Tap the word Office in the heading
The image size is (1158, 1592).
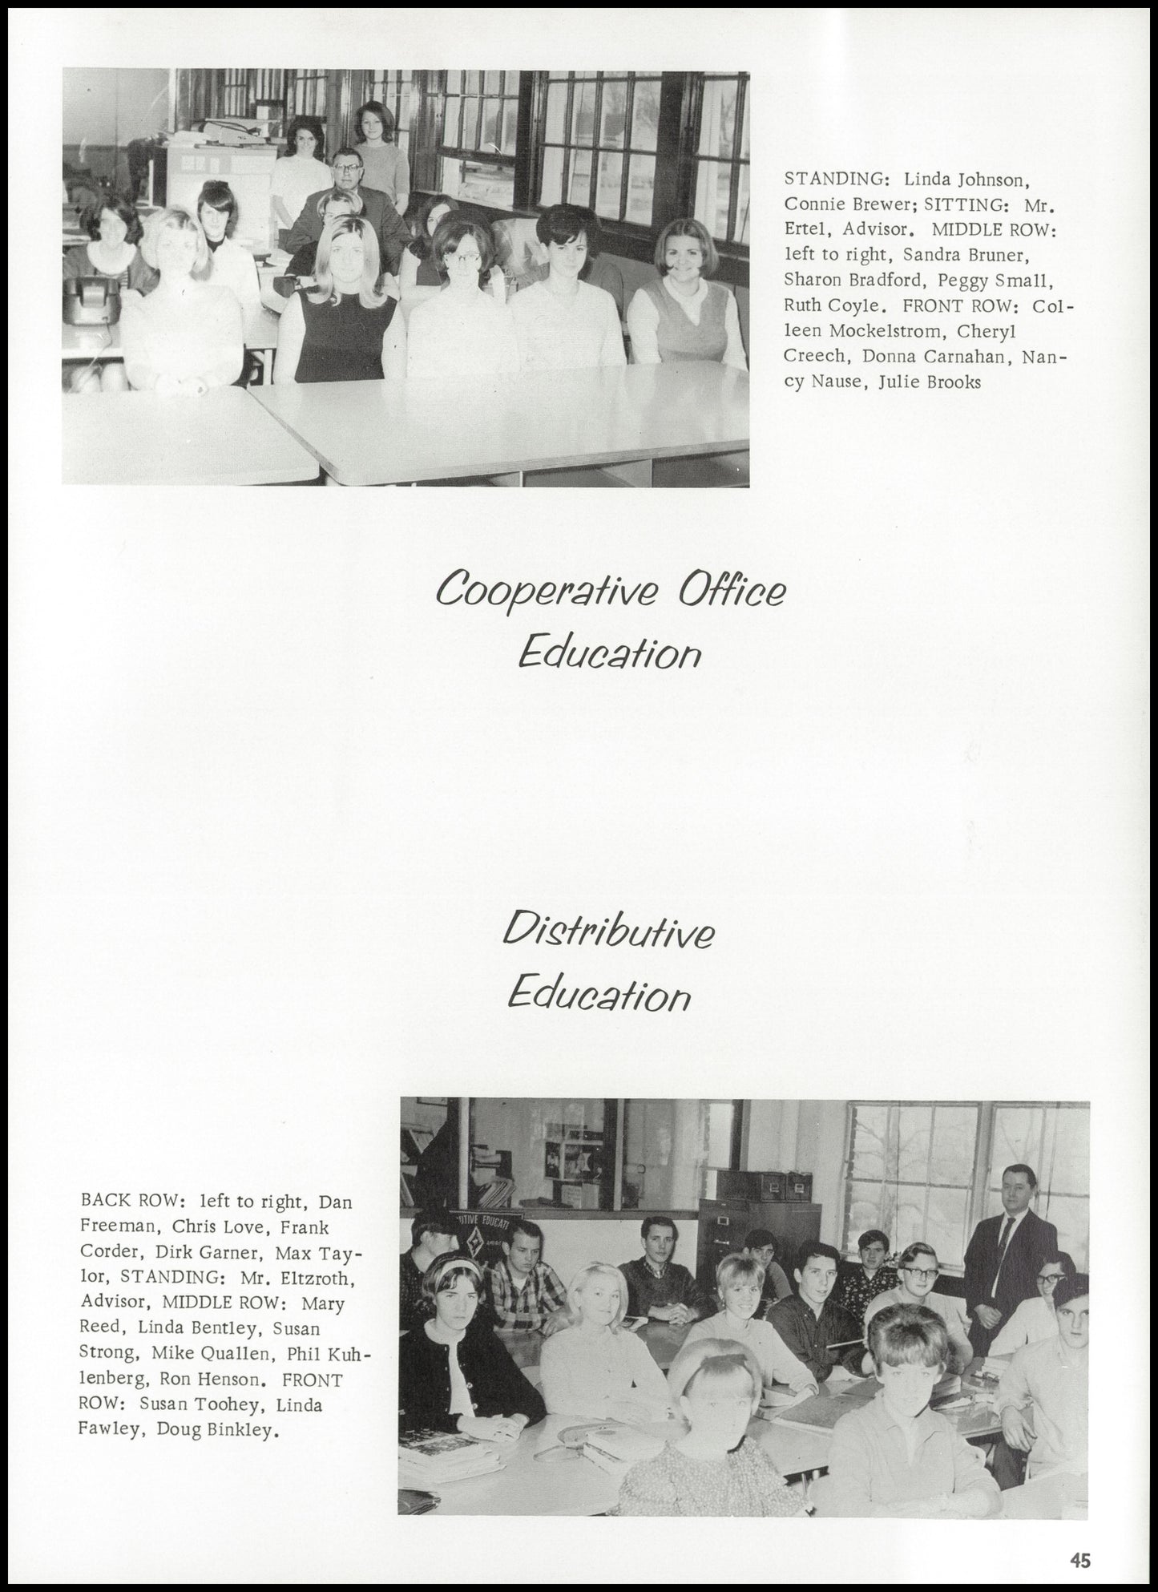pos(732,590)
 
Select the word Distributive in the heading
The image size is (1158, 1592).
pos(608,932)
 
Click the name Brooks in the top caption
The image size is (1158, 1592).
pos(953,382)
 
